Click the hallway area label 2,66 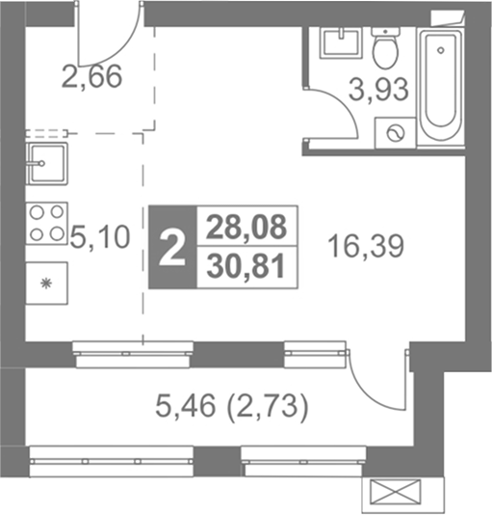pyautogui.click(x=91, y=77)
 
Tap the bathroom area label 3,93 pyautogui.click(x=378, y=90)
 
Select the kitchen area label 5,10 pyautogui.click(x=100, y=237)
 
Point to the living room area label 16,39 pyautogui.click(x=366, y=247)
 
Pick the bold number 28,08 pyautogui.click(x=246, y=227)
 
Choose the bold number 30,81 pyautogui.click(x=246, y=267)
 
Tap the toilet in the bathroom pyautogui.click(x=386, y=47)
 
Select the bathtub pyautogui.click(x=441, y=87)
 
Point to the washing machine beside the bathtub pyautogui.click(x=396, y=133)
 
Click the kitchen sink pyautogui.click(x=47, y=163)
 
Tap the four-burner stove pyautogui.click(x=46, y=224)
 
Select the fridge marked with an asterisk pyautogui.click(x=46, y=284)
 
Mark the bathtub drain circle pyautogui.click(x=441, y=50)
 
